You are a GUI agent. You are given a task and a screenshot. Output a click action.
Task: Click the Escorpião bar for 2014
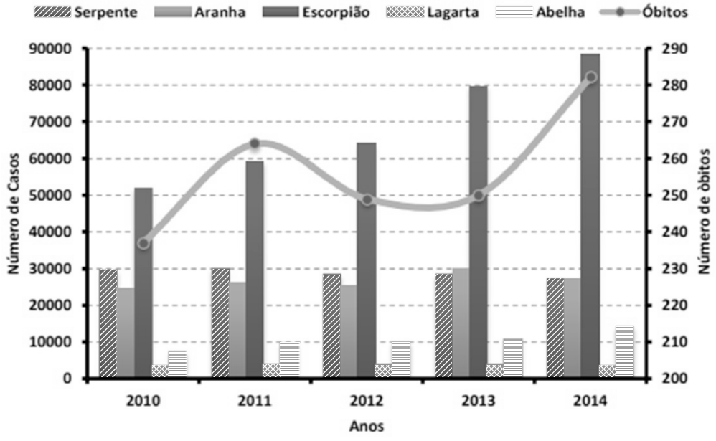point(590,215)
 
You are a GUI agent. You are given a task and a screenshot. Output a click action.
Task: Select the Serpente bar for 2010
point(108,323)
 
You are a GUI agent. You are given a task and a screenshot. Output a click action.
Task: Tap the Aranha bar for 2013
point(460,323)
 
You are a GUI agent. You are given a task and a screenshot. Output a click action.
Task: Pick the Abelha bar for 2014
point(624,352)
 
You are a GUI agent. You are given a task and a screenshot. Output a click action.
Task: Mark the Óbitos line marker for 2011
point(254,143)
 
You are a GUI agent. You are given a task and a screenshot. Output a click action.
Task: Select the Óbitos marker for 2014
point(590,77)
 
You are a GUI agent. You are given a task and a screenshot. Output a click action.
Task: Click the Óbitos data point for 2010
point(143,243)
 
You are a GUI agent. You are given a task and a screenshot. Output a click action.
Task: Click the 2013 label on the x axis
point(478,400)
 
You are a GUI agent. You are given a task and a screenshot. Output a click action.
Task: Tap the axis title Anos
point(366,426)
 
